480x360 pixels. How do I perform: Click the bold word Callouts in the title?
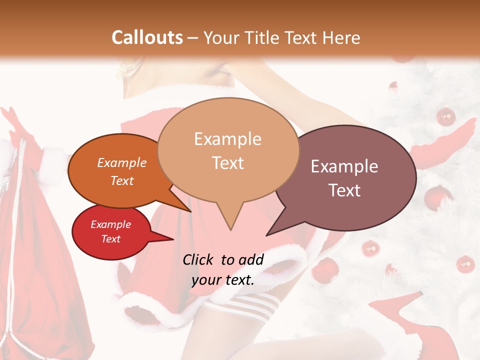coord(147,37)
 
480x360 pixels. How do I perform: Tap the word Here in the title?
coord(340,37)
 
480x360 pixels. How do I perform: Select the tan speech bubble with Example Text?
coord(228,150)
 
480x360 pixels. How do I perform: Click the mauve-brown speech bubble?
coord(345,178)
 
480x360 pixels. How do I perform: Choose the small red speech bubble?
coord(111,231)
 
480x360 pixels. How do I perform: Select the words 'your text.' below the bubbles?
coord(223,280)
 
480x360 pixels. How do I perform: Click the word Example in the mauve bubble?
coord(344,166)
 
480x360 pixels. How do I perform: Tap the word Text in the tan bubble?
coord(228,163)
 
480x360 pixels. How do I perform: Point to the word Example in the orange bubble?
coord(122,163)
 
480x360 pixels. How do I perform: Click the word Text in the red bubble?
coord(111,239)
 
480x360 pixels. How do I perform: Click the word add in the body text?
coord(250,259)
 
